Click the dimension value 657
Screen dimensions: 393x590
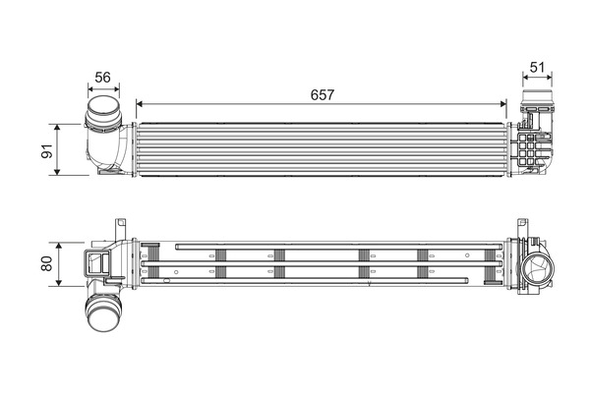(x=323, y=94)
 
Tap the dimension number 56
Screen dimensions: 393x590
(x=101, y=78)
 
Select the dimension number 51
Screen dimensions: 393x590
(x=537, y=68)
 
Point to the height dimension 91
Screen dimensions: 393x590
(x=43, y=149)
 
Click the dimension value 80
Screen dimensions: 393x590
(x=43, y=262)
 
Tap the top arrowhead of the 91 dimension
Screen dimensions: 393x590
(x=61, y=127)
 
